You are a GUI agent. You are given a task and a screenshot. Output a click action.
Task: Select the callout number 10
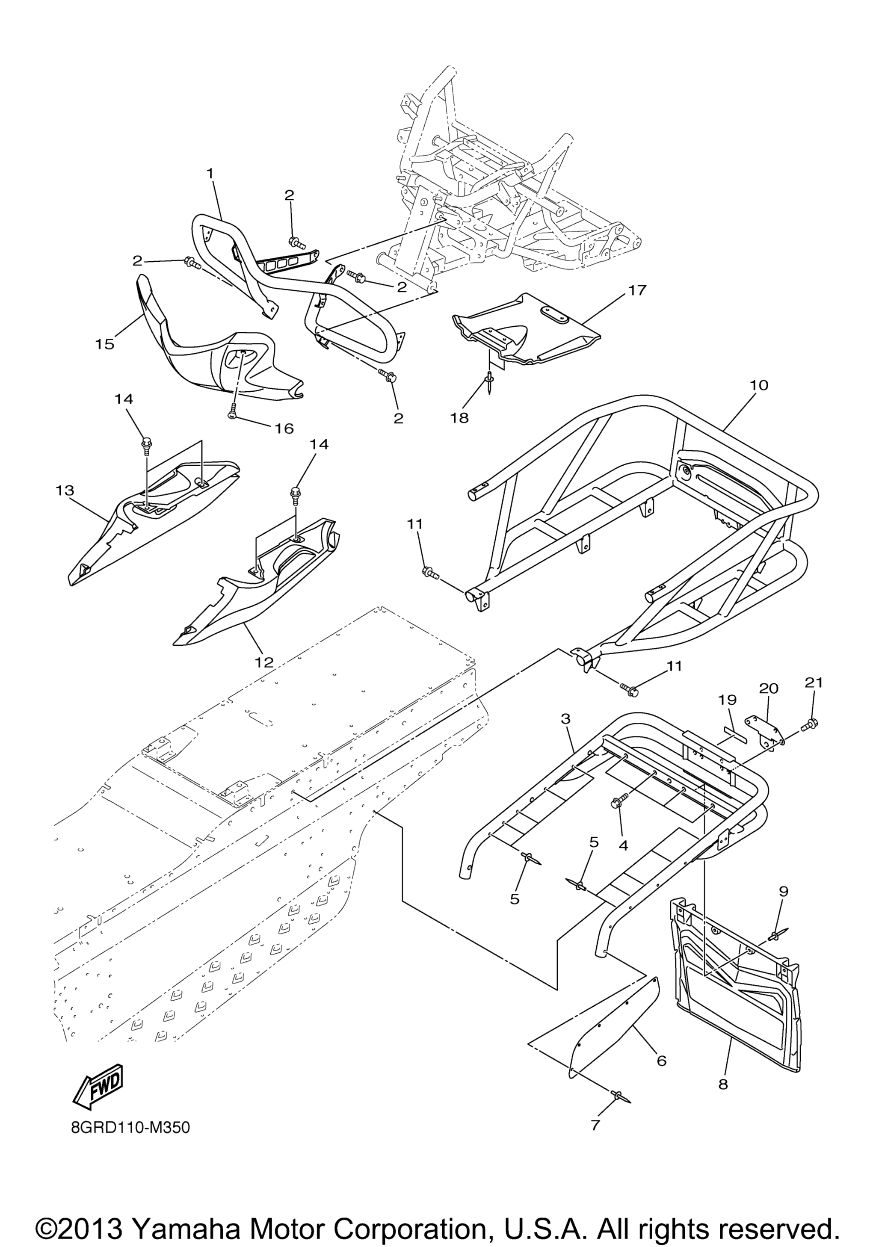pos(759,386)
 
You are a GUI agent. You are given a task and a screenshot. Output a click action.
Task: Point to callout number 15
pos(105,344)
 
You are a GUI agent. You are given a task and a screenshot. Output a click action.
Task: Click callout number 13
pos(65,491)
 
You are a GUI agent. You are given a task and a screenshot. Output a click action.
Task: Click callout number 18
pos(459,418)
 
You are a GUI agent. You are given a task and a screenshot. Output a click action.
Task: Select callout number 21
pos(814,683)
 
